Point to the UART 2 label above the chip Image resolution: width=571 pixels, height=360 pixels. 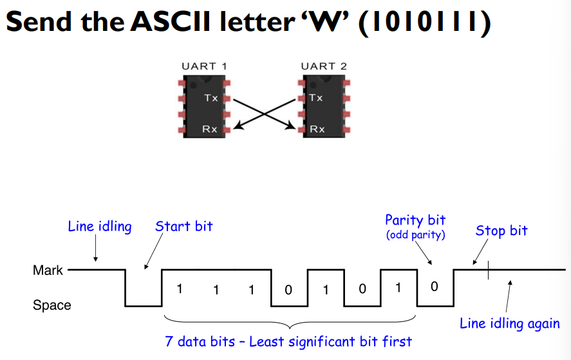[x=324, y=66]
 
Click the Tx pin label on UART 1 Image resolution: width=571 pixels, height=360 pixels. [x=211, y=98]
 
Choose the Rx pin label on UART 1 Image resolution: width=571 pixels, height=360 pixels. [x=210, y=129]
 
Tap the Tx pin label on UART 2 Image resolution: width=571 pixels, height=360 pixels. [x=315, y=98]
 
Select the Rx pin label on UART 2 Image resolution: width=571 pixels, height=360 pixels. [x=317, y=129]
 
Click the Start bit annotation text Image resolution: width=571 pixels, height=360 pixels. [x=183, y=226]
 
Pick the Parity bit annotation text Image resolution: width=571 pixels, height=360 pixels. [x=415, y=220]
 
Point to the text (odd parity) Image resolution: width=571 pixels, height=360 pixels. [x=415, y=235]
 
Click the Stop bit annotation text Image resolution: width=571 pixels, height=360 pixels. [x=501, y=231]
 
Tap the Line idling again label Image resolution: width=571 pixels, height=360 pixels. [x=509, y=323]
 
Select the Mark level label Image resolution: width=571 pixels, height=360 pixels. [x=48, y=270]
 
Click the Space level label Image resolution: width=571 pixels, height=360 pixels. [x=51, y=305]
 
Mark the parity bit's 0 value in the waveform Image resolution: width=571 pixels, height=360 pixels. [x=435, y=287]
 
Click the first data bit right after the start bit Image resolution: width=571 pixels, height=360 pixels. [x=180, y=289]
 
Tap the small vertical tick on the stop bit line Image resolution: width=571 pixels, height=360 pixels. [x=489, y=270]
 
